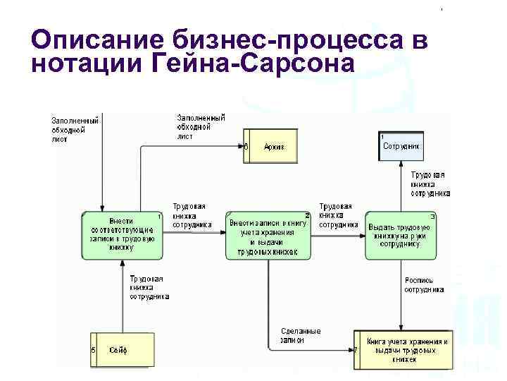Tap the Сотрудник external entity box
point(401,147)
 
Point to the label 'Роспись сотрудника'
point(424,284)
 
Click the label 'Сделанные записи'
point(299,335)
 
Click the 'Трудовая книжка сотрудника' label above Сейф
point(149,288)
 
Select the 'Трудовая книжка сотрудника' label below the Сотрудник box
point(430,183)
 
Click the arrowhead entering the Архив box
point(240,147)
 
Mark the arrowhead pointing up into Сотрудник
point(401,164)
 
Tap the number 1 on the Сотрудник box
point(382,135)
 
